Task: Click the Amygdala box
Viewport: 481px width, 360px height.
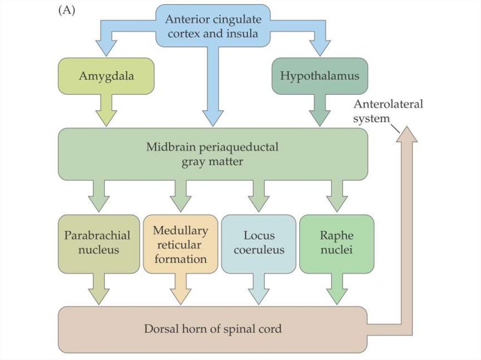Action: (106, 76)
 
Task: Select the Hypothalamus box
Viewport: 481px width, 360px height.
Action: (319, 76)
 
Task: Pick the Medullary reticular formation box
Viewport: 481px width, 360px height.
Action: (180, 244)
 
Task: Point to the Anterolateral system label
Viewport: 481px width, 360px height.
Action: (388, 111)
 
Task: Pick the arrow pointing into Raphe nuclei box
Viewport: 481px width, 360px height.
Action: (336, 196)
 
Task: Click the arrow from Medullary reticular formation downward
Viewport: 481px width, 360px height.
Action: (180, 289)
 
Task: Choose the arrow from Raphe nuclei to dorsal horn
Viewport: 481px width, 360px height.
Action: (336, 289)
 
